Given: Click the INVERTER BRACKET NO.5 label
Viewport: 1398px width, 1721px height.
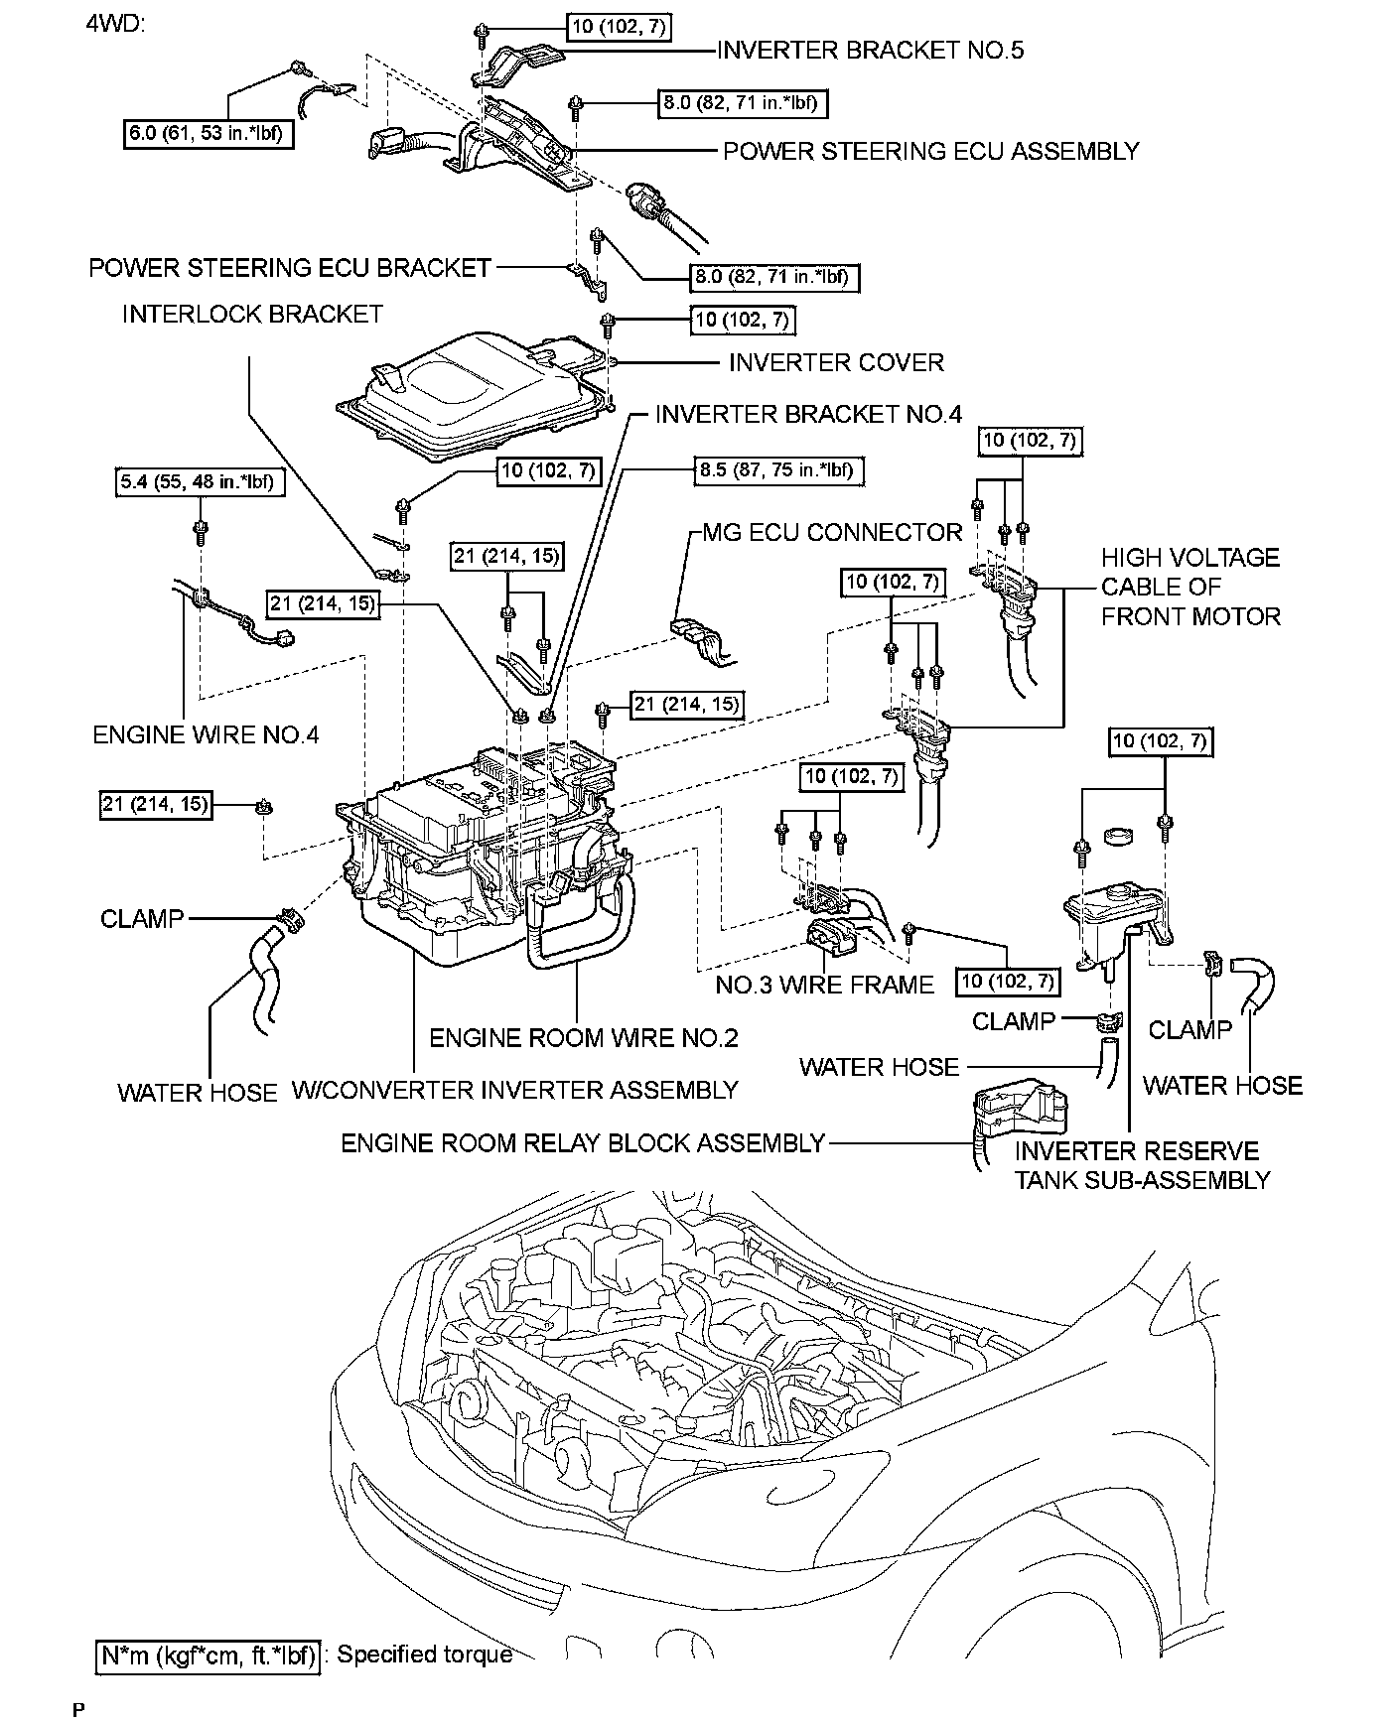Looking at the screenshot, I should [x=870, y=50].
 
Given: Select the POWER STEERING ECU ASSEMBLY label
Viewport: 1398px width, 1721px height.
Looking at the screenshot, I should [x=930, y=151].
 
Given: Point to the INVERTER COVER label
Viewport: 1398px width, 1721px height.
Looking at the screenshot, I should [x=836, y=362].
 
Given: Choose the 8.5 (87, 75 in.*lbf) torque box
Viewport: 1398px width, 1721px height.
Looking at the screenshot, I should [x=777, y=469].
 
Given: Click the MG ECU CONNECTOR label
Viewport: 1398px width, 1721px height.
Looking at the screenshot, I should [x=832, y=532].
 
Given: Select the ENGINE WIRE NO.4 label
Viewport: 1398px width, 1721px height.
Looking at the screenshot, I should [x=206, y=734].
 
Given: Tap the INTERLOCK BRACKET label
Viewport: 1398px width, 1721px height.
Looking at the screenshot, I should [x=252, y=314].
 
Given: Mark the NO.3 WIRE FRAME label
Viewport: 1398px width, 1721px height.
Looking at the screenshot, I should [x=825, y=985].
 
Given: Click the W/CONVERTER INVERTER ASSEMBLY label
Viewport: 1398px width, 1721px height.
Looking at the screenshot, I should [x=514, y=1090].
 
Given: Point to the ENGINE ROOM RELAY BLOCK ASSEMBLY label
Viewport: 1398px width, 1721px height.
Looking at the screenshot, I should [x=583, y=1143].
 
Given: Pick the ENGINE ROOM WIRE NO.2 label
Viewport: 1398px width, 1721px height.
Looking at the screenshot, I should [x=584, y=1038].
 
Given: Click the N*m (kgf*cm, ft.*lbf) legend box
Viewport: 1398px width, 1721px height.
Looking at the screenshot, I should [x=209, y=1655].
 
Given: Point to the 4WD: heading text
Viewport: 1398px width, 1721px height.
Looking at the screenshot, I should [x=115, y=22].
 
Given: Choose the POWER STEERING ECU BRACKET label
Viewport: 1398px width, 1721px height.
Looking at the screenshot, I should [x=290, y=268].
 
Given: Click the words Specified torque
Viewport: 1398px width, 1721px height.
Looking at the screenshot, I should [x=425, y=1655].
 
